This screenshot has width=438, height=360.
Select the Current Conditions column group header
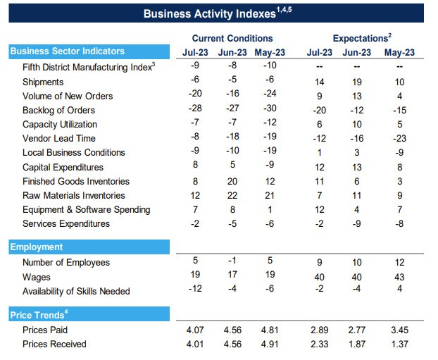pos(232,38)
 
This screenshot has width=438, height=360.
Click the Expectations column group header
pos(361,38)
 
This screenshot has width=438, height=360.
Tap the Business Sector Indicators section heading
pos(67,51)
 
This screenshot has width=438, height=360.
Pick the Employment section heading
pos(37,247)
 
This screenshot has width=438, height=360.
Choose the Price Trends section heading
pos(37,314)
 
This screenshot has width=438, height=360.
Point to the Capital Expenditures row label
pos(63,168)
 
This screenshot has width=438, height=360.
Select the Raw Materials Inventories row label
pos(74,196)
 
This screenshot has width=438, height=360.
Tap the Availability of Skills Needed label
pos(76,292)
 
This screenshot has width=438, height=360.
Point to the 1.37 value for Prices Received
pos(399,345)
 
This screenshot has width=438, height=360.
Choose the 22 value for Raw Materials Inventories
pos(232,196)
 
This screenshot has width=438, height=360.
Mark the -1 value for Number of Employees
pos(232,262)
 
